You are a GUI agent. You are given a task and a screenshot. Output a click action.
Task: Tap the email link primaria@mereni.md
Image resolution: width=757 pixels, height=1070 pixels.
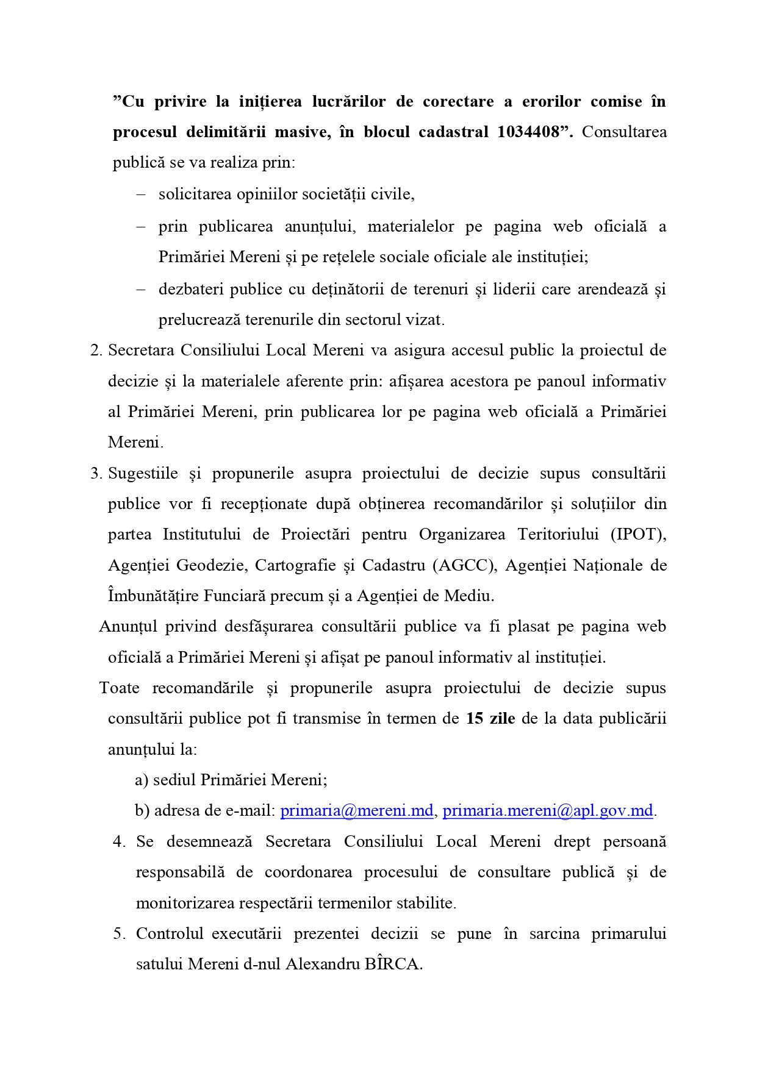(356, 811)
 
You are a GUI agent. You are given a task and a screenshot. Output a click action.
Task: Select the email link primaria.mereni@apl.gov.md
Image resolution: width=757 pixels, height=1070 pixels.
(548, 811)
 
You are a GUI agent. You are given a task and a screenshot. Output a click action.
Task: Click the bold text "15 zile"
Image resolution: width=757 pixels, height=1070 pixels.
(490, 719)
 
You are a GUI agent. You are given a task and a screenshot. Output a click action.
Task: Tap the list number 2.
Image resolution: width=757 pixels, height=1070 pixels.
(95, 351)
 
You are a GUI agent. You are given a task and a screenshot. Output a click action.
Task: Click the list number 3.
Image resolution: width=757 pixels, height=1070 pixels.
(95, 474)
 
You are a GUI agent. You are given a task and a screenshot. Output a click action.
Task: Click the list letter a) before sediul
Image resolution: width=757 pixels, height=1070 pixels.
(142, 780)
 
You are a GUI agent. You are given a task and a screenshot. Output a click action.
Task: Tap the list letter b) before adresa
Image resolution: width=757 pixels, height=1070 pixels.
(142, 811)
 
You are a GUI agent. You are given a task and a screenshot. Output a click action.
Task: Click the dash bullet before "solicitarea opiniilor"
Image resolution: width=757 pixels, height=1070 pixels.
(141, 194)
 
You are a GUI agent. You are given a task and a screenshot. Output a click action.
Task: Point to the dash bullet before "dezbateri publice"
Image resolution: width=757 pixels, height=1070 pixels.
(141, 289)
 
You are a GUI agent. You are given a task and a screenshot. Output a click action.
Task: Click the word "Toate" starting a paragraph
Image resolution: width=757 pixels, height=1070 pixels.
(119, 688)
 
